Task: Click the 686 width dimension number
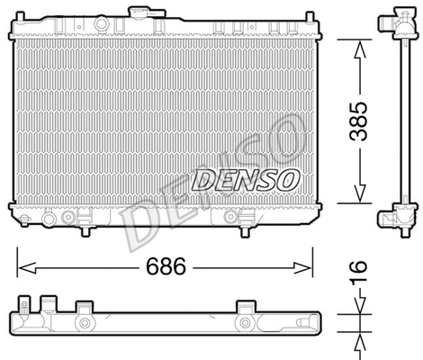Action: [x=165, y=267]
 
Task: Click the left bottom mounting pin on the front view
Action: [x=85, y=234]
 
